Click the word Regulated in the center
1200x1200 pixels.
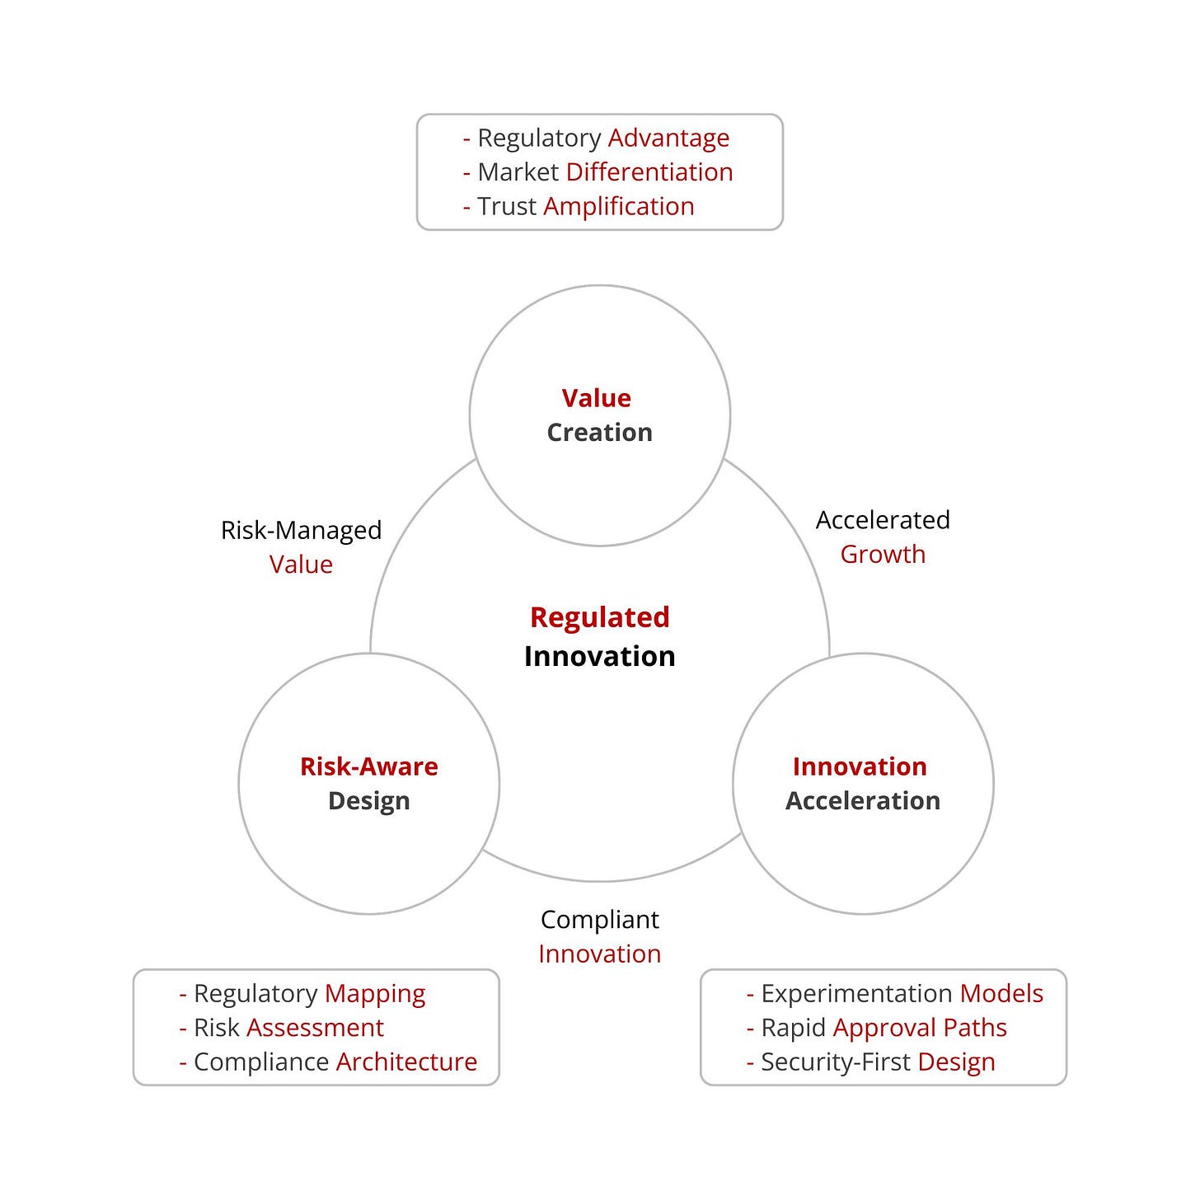(x=599, y=617)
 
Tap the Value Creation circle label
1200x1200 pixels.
(x=599, y=415)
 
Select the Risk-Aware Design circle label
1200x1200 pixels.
(x=368, y=784)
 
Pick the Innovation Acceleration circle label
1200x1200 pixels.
(x=862, y=784)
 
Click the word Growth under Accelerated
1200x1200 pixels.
(x=883, y=555)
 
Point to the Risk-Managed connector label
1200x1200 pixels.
(x=301, y=530)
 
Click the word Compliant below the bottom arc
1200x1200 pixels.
(x=599, y=920)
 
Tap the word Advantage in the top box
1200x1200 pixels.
(x=668, y=138)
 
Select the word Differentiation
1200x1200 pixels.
(x=649, y=172)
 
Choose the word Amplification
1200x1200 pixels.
(x=619, y=206)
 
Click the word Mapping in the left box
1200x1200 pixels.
(x=375, y=994)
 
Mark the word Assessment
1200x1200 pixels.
(x=315, y=1028)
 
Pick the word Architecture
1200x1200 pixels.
(x=406, y=1062)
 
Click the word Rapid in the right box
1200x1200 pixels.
(x=793, y=1028)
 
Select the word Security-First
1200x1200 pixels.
(x=836, y=1062)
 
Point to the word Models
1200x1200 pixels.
(x=1001, y=994)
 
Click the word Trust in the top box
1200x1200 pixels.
(x=507, y=206)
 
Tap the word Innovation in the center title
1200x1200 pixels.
(x=599, y=656)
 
